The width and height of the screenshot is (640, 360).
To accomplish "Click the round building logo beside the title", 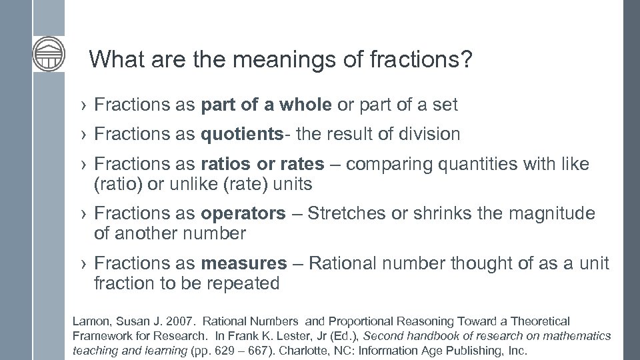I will click(49, 54).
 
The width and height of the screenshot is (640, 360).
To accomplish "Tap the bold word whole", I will click(305, 105).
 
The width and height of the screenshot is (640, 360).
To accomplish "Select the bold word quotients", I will click(242, 134).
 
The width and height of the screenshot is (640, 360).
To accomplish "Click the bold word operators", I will click(242, 213).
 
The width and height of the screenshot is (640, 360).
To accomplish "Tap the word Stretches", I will click(346, 213).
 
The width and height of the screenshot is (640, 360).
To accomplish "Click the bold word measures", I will click(243, 263).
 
